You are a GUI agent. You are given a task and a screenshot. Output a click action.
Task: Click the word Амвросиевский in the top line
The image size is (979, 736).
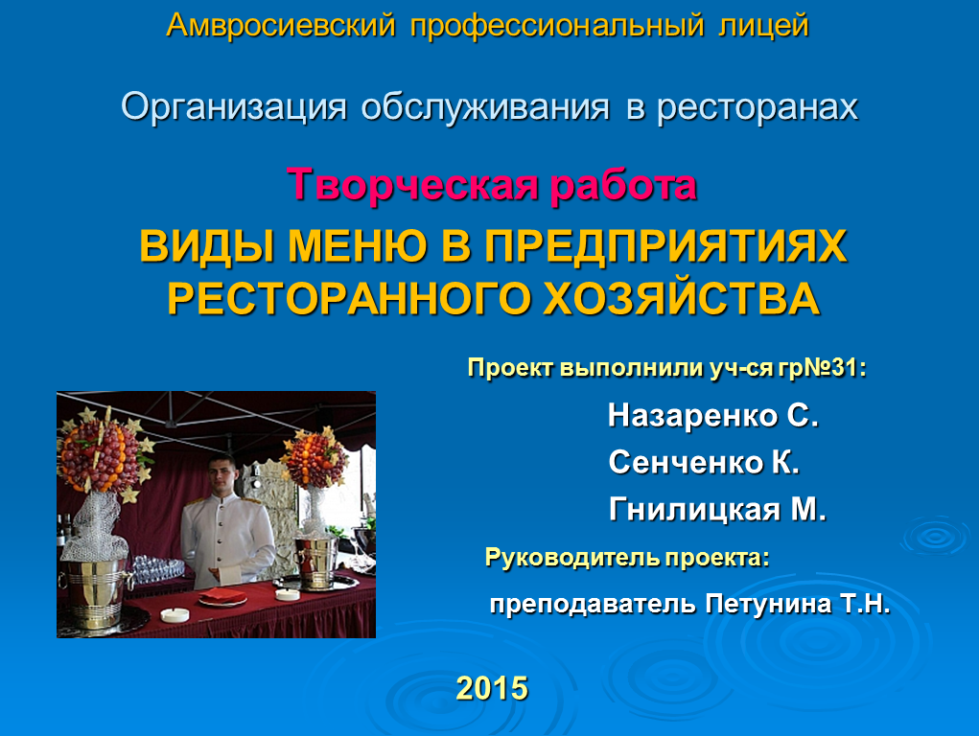coord(281,26)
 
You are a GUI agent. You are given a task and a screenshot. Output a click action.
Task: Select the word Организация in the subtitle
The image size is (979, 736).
coord(234,107)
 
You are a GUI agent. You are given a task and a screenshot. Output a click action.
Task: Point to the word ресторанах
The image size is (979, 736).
coord(758,107)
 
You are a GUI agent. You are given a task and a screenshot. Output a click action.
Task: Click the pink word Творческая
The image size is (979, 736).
coord(412,185)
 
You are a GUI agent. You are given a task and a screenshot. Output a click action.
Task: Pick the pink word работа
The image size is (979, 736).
coord(623,186)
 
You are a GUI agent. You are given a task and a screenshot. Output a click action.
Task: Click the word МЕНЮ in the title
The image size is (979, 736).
coord(358,246)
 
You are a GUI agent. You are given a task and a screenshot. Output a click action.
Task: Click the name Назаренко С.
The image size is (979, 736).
coord(713,415)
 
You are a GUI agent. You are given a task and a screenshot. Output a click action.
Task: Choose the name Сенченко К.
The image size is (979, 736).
coord(704,463)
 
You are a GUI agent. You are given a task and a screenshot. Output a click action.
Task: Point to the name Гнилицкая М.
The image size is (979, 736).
coord(717,510)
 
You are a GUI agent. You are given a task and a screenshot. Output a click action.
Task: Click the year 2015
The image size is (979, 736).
coord(492,688)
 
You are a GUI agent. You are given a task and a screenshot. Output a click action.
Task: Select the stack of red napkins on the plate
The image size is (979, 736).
coord(222,595)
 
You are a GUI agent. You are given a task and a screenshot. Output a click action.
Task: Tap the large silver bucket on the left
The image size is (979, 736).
coord(95,592)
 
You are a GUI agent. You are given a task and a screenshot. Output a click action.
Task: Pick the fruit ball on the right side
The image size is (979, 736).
coord(315,460)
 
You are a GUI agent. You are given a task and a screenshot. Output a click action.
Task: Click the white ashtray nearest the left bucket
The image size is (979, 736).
coord(175,615)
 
